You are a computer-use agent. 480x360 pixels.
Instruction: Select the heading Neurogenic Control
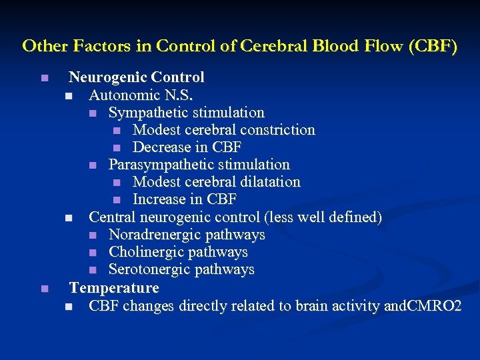click(x=137, y=78)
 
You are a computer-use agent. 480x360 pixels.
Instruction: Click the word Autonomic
click(x=122, y=95)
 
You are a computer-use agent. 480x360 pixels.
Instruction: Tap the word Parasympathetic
click(x=157, y=165)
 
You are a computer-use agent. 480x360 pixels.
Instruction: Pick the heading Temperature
click(x=114, y=288)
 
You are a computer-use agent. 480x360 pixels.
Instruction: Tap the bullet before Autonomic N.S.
click(x=69, y=96)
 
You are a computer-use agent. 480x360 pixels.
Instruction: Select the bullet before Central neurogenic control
click(x=69, y=217)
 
